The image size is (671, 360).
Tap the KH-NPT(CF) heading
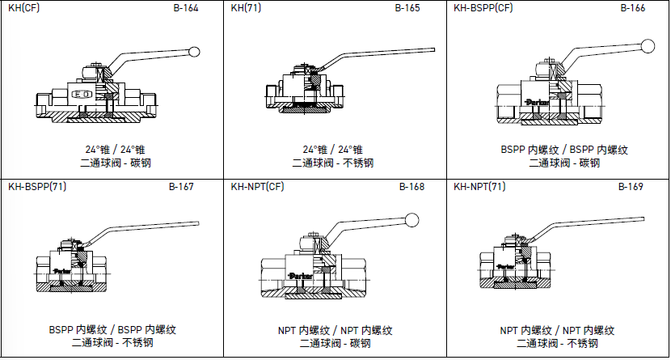pyautogui.click(x=257, y=187)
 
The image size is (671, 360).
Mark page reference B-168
pyautogui.click(x=411, y=187)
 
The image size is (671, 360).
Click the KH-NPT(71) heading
pyautogui.click(x=479, y=187)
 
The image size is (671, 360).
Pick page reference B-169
pyautogui.click(x=631, y=187)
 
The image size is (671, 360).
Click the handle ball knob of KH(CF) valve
pyautogui.click(x=194, y=53)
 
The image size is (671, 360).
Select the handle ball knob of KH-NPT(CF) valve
pyautogui.click(x=413, y=218)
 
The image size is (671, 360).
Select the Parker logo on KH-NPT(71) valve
pyautogui.click(x=505, y=265)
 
